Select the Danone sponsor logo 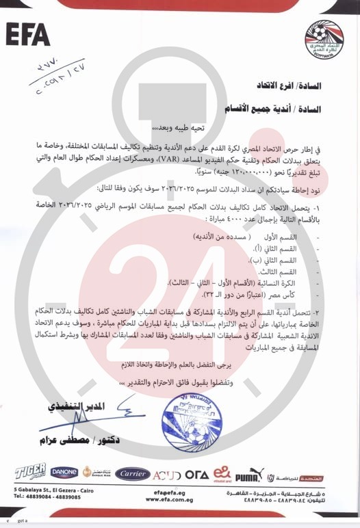click(x=64, y=473)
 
